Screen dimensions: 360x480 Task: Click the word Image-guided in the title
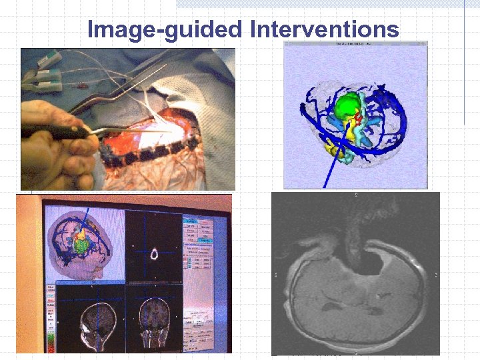[165, 29]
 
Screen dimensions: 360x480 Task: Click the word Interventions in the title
[325, 29]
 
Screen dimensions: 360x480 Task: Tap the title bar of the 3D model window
[355, 44]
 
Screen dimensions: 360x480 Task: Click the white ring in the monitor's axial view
[154, 253]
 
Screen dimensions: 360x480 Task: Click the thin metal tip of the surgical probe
[153, 131]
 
